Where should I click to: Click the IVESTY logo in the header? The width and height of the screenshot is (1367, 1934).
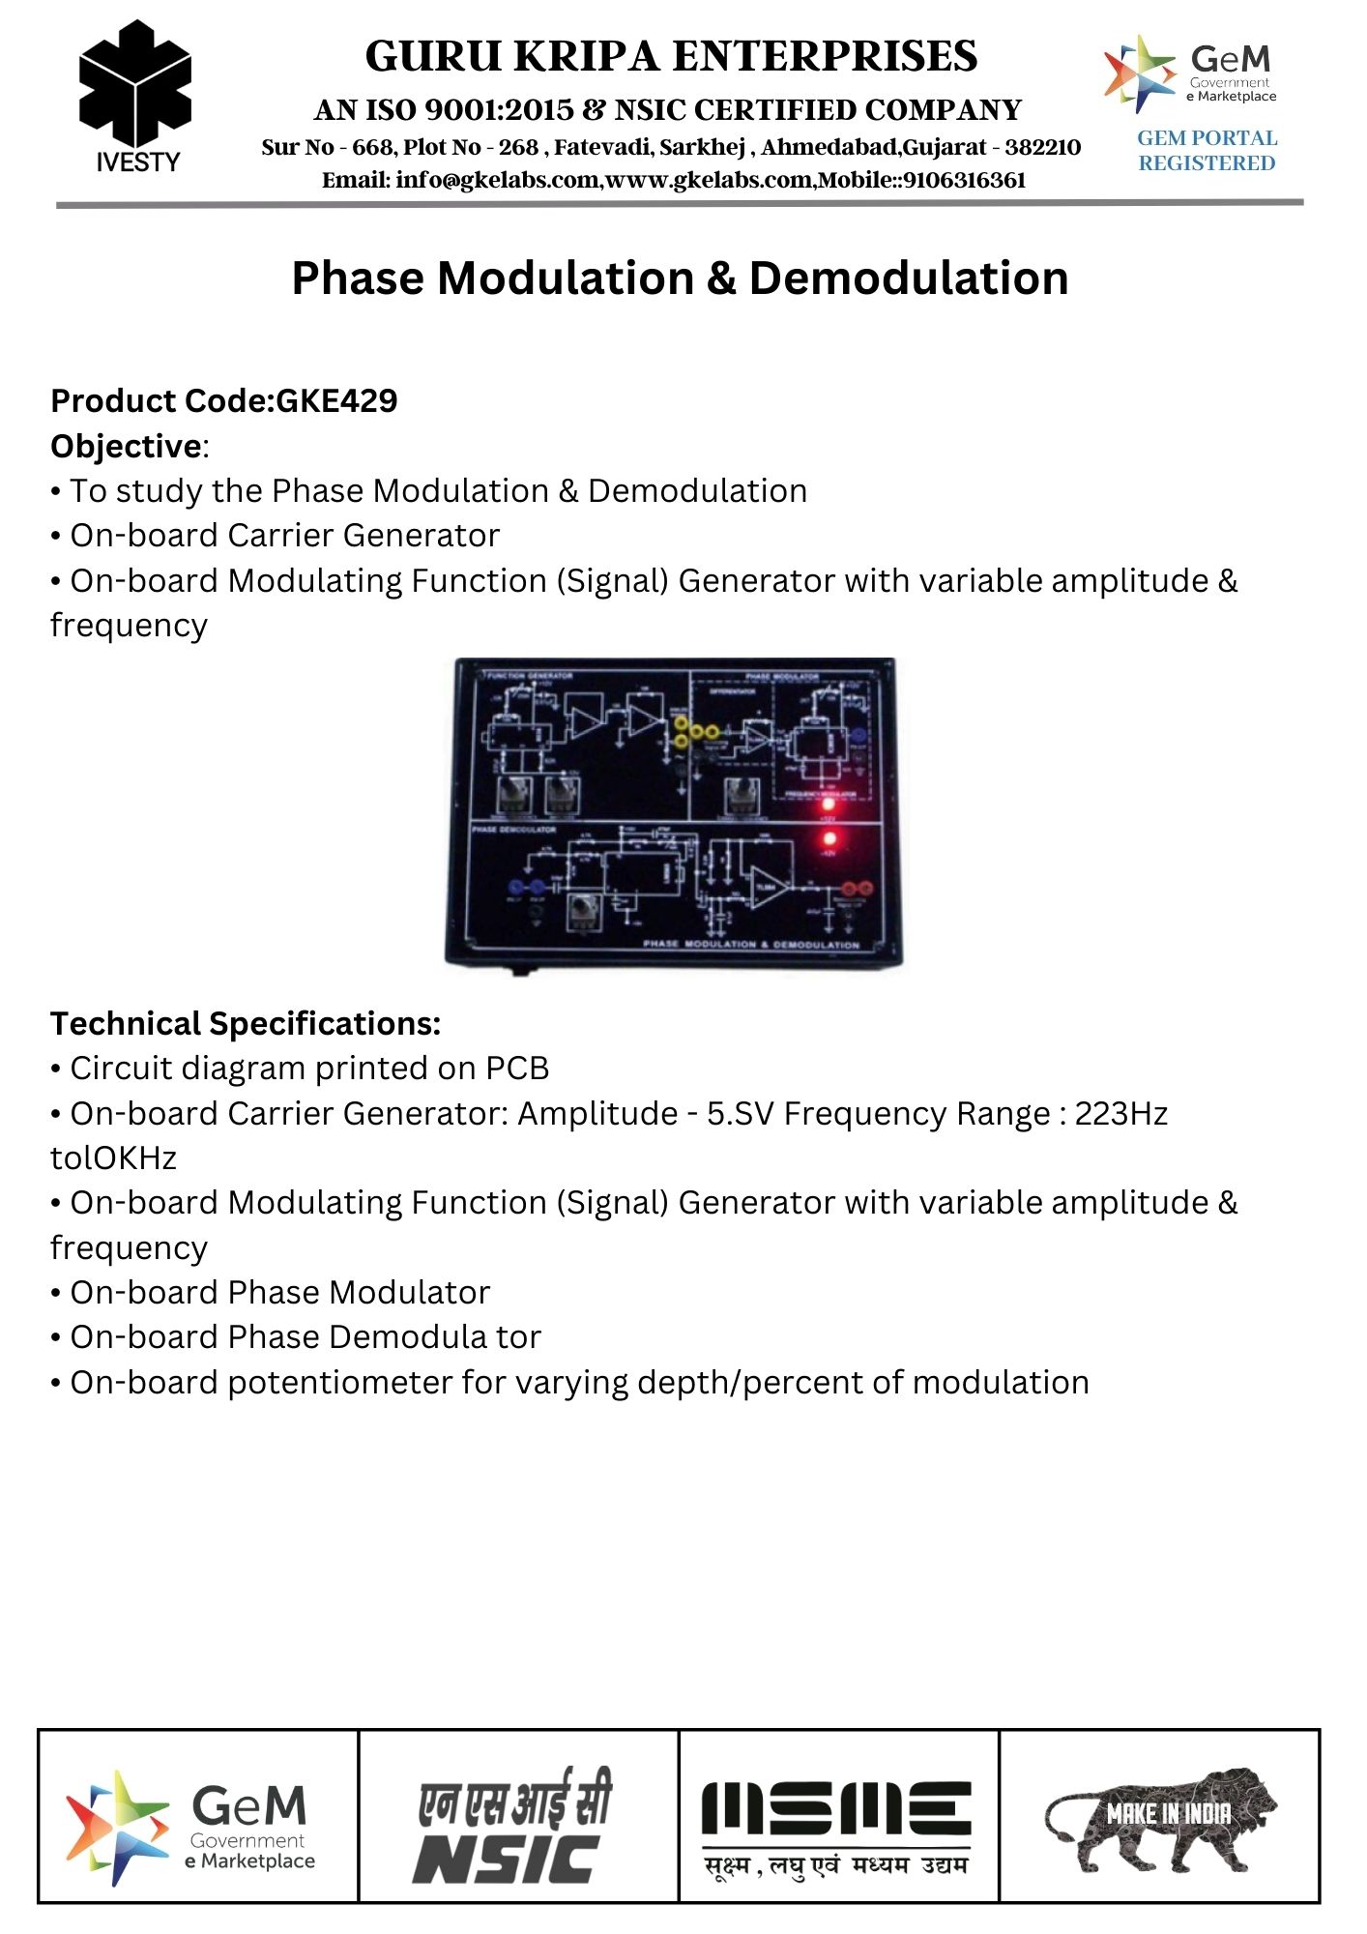pos(135,97)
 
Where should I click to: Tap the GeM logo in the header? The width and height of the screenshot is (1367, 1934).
pos(1191,74)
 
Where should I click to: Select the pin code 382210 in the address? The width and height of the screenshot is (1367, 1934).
pos(1043,148)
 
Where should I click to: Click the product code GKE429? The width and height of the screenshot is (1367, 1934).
pos(336,401)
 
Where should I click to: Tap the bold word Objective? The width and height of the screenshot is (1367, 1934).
pos(126,447)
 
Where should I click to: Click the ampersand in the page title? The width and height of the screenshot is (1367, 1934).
pos(721,278)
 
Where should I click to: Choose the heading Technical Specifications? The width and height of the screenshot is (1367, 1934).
pos(246,1023)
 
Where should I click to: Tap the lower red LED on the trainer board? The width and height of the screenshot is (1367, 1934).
pos(829,838)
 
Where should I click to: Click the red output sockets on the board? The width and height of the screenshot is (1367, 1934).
pos(858,889)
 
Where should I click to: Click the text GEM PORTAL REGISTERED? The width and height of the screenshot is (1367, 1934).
pos(1207,151)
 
